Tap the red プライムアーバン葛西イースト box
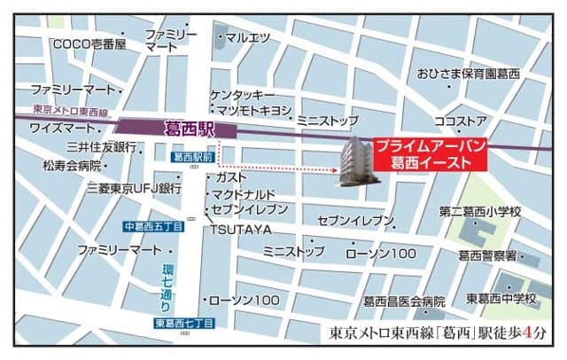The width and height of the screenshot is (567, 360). pos(428,154)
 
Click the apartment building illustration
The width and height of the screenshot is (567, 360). pos(361,161)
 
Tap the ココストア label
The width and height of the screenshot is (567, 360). pos(460,120)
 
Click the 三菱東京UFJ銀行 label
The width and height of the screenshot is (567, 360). pos(134,189)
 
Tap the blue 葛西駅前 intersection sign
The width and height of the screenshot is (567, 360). pos(193,157)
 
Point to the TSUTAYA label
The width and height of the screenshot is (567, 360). pos(240,230)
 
